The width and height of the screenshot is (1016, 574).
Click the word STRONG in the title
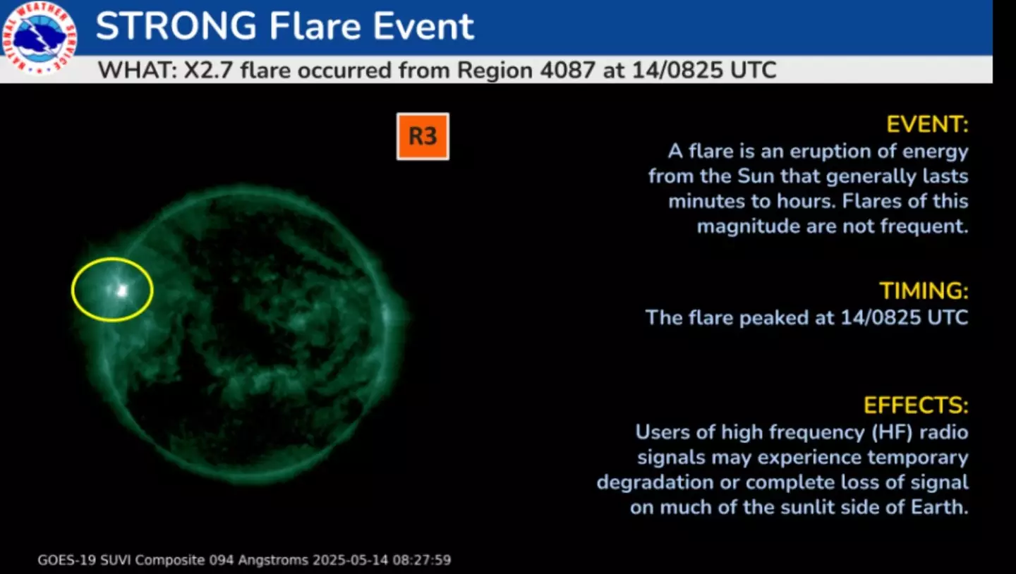(x=176, y=27)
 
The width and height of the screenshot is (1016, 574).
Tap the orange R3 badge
(x=423, y=136)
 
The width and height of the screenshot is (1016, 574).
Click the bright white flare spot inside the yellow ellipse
(x=122, y=289)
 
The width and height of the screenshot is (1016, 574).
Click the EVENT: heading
(x=927, y=125)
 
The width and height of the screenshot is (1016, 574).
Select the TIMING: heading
(x=924, y=291)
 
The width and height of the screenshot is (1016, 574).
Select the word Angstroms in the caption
(x=273, y=561)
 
